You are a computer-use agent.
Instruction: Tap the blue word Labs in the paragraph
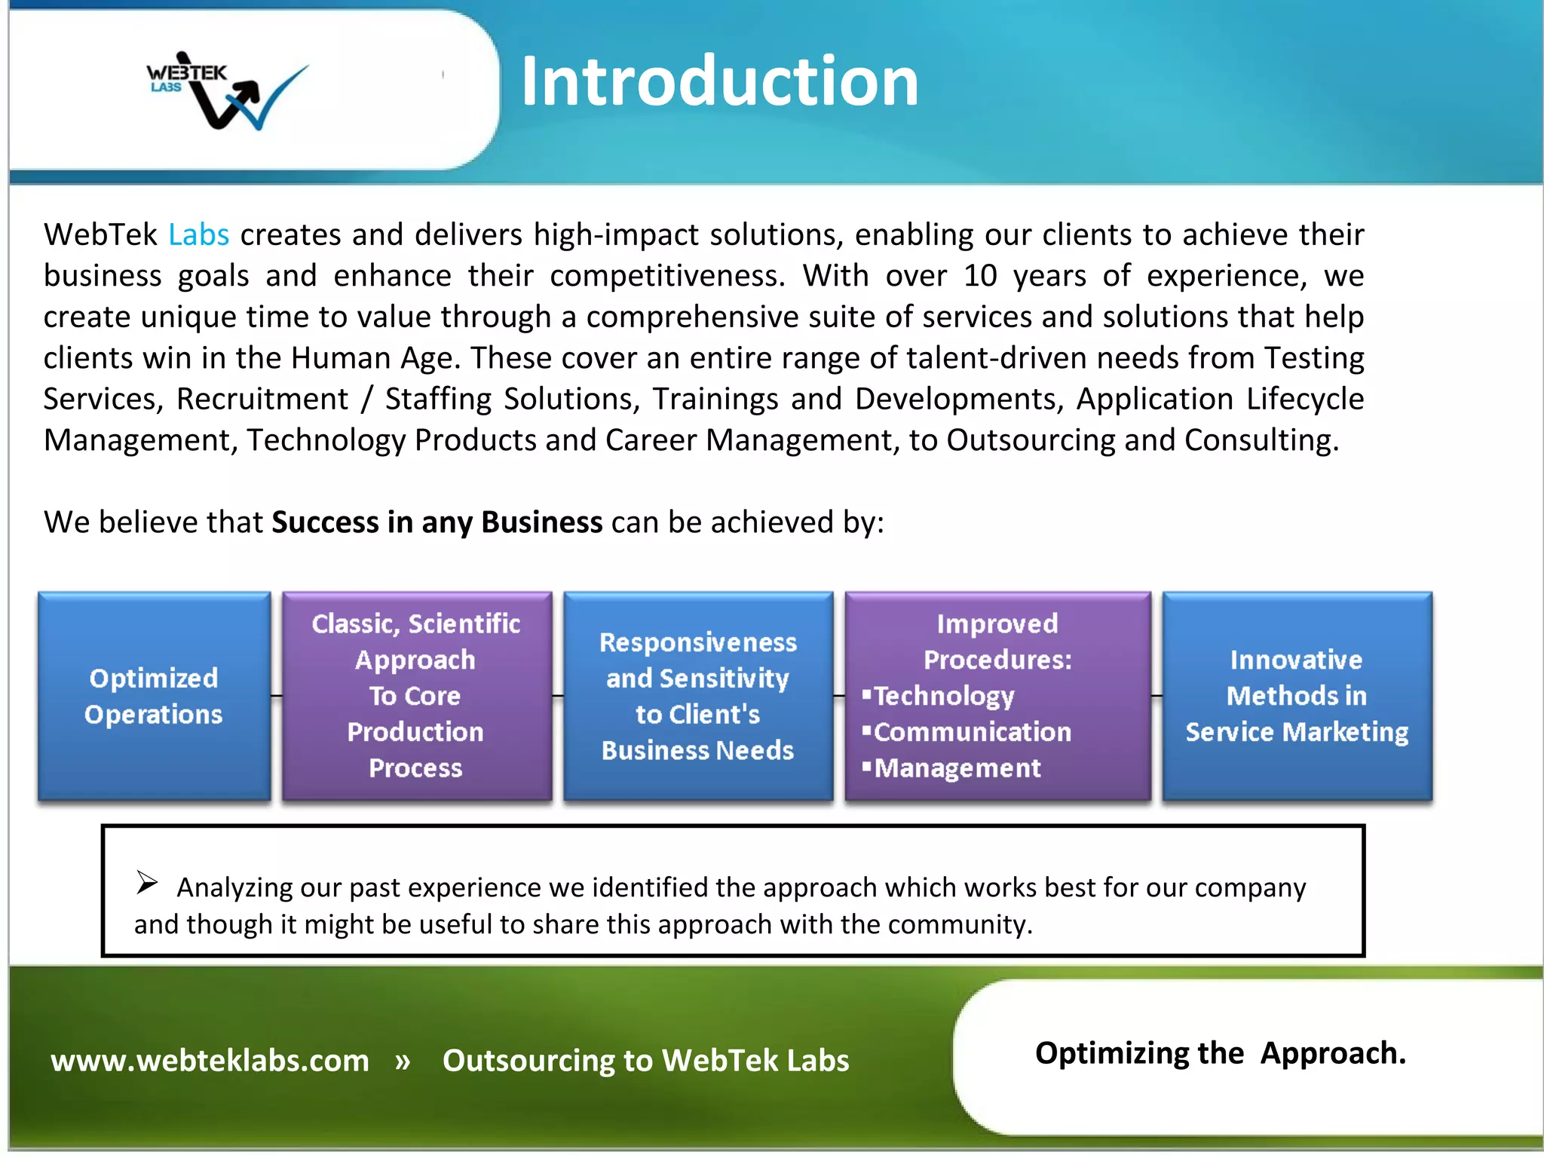pyautogui.click(x=198, y=235)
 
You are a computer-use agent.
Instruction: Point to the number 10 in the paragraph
pyautogui.click(x=980, y=276)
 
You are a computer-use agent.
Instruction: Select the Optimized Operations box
pyautogui.click(x=154, y=696)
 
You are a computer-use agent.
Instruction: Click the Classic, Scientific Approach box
pyautogui.click(x=416, y=696)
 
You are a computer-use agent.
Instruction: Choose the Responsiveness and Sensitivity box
pyautogui.click(x=697, y=696)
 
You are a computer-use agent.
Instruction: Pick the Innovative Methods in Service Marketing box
pyautogui.click(x=1296, y=696)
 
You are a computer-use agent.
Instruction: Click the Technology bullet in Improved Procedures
pyautogui.click(x=942, y=696)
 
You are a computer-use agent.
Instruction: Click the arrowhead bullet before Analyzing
pyautogui.click(x=147, y=881)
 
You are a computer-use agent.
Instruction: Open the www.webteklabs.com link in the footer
pyautogui.click(x=210, y=1061)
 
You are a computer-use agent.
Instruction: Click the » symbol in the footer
pyautogui.click(x=403, y=1061)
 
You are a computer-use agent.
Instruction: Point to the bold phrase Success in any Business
pyautogui.click(x=437, y=522)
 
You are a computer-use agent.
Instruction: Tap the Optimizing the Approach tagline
pyautogui.click(x=1220, y=1053)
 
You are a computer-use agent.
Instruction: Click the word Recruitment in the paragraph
pyautogui.click(x=262, y=400)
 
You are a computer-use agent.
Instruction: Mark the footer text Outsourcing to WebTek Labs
pyautogui.click(x=645, y=1061)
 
